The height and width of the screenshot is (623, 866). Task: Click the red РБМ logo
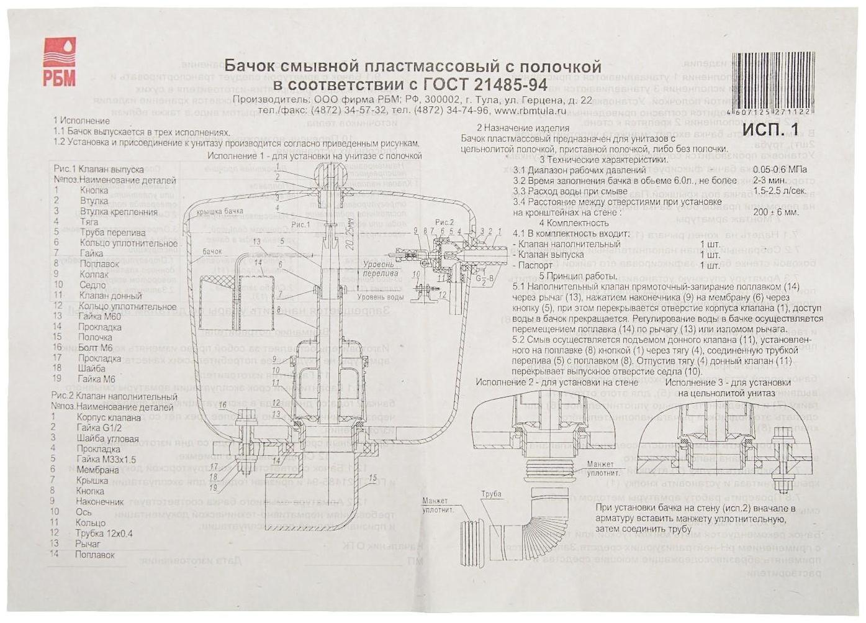(60, 61)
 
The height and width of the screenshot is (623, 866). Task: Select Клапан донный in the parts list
(111, 295)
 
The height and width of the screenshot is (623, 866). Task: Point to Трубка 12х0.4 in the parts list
(104, 533)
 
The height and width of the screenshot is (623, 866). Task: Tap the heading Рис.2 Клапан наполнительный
(115, 396)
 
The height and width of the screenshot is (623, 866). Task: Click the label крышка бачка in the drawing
(220, 212)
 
